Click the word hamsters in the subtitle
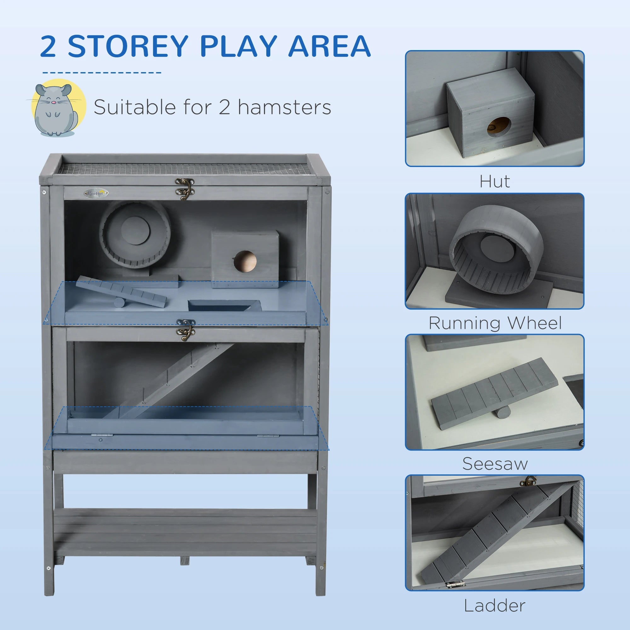284,107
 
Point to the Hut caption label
494,182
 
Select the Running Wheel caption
495,323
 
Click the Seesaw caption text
495,464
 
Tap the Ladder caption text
495,606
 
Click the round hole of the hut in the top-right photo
499,127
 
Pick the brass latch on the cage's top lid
185,188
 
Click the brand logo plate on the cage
96,193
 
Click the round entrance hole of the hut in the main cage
245,261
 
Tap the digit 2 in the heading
48,46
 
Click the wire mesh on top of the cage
184,169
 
